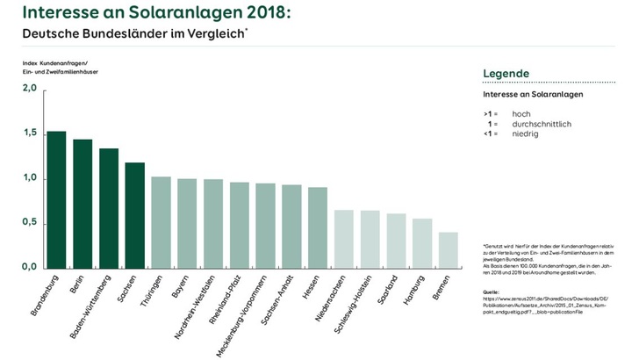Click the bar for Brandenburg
coord(56,199)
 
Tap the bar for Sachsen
coord(134,215)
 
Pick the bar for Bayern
coord(187,223)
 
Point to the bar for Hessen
coord(318,227)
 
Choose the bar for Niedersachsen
coord(343,239)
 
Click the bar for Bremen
coord(448,250)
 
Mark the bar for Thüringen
coord(161,222)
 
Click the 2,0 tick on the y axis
coord(29,89)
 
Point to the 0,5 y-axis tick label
coord(29,223)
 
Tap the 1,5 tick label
coord(29,133)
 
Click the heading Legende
coord(506,73)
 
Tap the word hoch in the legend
coord(521,114)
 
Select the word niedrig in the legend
coord(525,133)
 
